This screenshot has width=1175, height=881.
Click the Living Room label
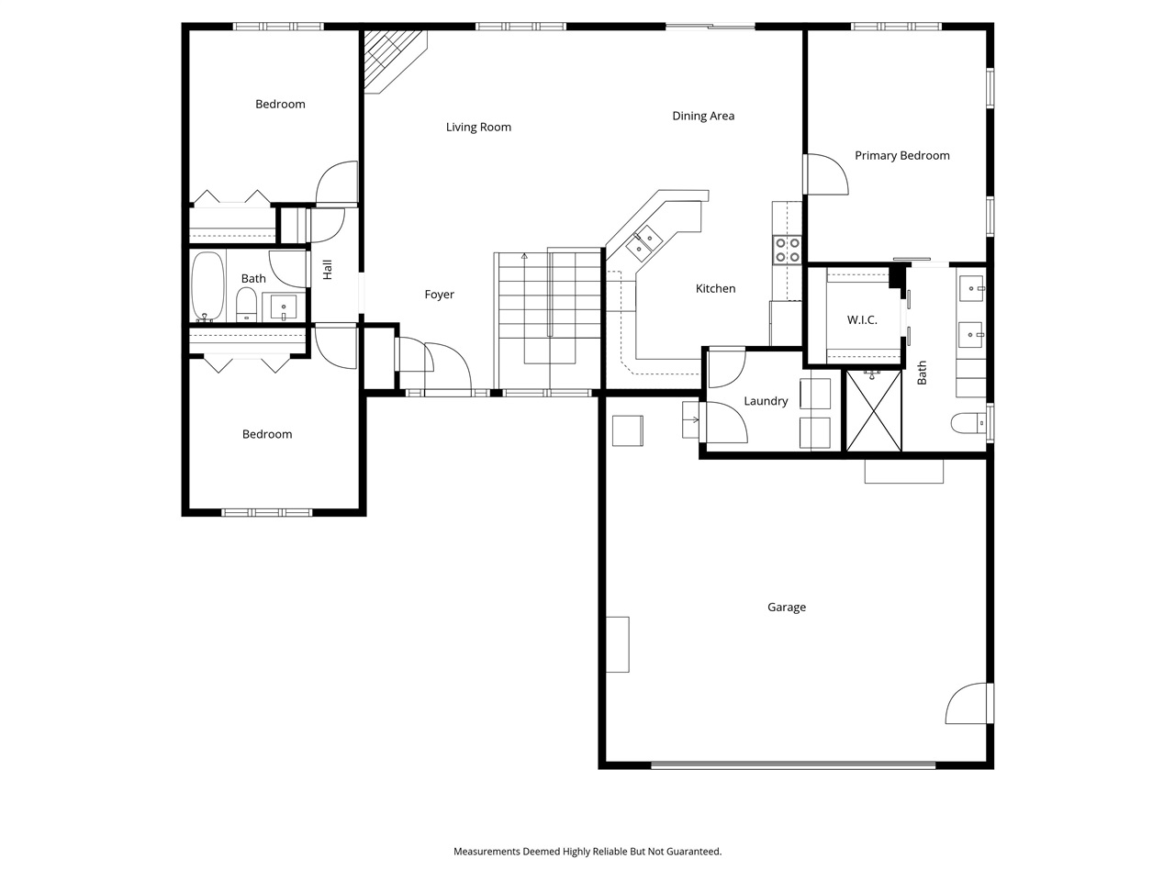pos(478,128)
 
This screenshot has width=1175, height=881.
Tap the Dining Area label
pos(703,117)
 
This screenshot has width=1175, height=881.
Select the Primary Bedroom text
pos(901,156)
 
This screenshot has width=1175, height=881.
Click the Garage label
pos(787,608)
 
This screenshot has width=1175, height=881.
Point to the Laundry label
pos(766,401)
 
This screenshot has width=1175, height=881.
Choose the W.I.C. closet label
pos(861,320)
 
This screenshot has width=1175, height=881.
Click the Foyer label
pos(439,295)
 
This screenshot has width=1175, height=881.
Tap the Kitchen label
pos(715,289)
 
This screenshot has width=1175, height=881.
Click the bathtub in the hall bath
pos(207,285)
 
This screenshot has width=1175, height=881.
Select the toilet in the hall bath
pos(246,304)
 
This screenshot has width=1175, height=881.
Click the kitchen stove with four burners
pos(787,251)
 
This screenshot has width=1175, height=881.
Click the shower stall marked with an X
pos(873,411)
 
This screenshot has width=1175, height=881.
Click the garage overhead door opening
pos(793,764)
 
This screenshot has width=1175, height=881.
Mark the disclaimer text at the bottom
pos(587,852)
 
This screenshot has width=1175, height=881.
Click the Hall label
pos(328,270)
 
